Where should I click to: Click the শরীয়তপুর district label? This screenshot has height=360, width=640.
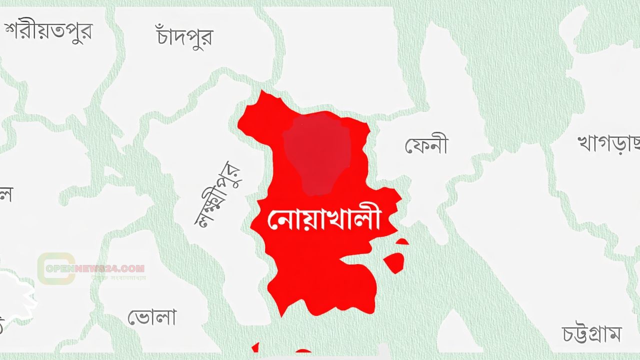(48, 31)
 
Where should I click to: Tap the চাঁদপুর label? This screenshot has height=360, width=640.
(184, 35)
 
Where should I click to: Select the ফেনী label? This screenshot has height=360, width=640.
(426, 145)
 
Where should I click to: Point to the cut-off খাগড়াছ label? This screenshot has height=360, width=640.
(608, 143)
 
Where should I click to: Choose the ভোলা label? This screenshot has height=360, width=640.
(151, 317)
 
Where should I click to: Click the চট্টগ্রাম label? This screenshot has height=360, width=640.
(591, 333)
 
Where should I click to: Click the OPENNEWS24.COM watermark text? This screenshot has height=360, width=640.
(94, 268)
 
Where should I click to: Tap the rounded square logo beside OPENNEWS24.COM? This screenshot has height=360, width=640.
(56, 269)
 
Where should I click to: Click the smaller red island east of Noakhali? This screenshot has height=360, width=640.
(402, 242)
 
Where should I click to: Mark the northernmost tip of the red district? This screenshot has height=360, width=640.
(262, 92)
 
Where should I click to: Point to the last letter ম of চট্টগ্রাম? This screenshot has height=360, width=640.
(614, 334)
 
